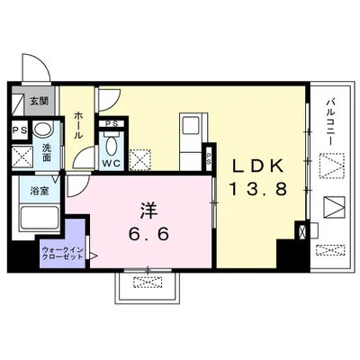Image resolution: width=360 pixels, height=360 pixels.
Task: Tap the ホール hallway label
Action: pyautogui.click(x=77, y=125)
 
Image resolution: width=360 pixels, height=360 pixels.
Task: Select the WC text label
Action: pyautogui.click(x=111, y=163)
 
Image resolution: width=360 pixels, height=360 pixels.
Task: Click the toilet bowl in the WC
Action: pyautogui.click(x=111, y=146)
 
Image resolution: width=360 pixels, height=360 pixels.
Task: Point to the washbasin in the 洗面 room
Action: pyautogui.click(x=42, y=130)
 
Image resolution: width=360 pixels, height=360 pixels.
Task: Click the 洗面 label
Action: pyautogui.click(x=47, y=153)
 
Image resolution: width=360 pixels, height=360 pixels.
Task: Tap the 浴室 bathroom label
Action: pyautogui.click(x=40, y=191)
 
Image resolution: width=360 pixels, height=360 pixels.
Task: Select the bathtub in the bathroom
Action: pyautogui.click(x=40, y=217)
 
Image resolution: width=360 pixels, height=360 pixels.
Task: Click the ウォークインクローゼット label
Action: pyautogui.click(x=62, y=253)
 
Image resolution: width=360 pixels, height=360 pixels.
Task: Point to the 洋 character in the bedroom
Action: pyautogui.click(x=148, y=211)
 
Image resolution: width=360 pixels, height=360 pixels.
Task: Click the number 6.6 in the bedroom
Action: pyautogui.click(x=148, y=234)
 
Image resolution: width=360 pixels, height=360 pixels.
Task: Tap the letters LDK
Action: pyautogui.click(x=258, y=166)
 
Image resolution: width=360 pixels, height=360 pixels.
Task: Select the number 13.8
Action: pyautogui.click(x=258, y=189)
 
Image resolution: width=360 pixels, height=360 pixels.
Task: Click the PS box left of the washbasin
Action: pyautogui.click(x=20, y=130)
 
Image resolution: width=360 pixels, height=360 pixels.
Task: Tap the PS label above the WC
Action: pyautogui.click(x=111, y=123)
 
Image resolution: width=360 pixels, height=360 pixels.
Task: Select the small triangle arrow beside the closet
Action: pyautogui.click(x=94, y=256)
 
